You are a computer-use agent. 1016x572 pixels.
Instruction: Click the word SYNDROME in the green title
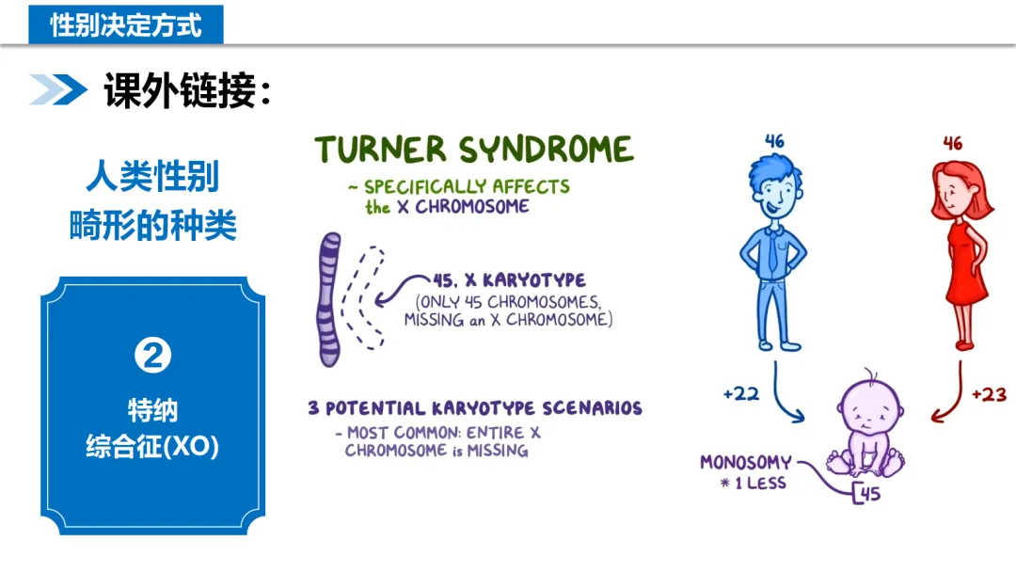546,151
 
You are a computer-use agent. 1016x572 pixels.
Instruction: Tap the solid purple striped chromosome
330,299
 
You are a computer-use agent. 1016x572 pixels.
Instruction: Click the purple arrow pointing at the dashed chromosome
403,287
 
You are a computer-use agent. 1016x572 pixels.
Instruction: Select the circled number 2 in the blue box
153,355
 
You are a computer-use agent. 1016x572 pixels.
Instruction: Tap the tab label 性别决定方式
126,24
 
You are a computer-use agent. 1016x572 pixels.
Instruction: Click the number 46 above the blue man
774,142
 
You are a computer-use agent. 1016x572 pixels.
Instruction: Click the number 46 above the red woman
953,144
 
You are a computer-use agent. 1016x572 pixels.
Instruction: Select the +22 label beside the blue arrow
741,394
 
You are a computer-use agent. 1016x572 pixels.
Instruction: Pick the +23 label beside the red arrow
989,394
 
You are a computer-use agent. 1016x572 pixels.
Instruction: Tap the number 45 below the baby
871,493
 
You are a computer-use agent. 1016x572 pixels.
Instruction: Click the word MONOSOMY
746,463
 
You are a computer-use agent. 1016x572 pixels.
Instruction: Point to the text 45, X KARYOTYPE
509,280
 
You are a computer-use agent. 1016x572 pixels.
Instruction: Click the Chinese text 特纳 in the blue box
152,410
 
